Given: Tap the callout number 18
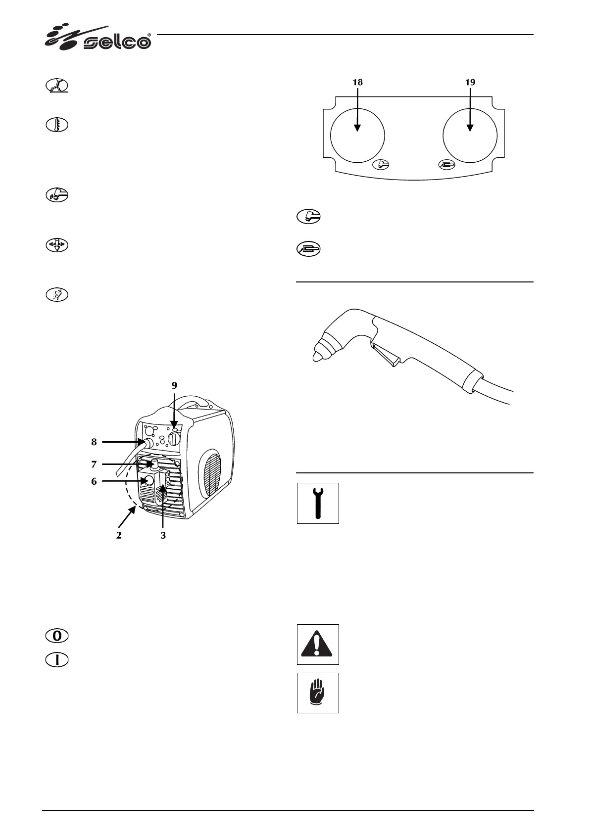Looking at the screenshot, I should pos(357,83).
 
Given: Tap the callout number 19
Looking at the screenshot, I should pos(470,83).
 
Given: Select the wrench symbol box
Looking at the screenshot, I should pos(318,503).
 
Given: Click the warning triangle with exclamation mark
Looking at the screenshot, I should pos(318,644).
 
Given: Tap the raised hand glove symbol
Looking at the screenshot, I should pos(318,693).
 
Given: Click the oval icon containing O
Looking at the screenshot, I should pos(57,636).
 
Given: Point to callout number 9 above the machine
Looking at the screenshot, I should pos(174,385).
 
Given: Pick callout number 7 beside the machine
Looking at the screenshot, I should pos(94,464).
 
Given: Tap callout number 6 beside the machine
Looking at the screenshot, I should pos(94,481).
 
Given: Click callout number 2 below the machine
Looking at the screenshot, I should pos(119,535).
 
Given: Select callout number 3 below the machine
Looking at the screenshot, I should pos(163,535).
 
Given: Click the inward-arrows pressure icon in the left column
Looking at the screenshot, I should pos(57,245).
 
